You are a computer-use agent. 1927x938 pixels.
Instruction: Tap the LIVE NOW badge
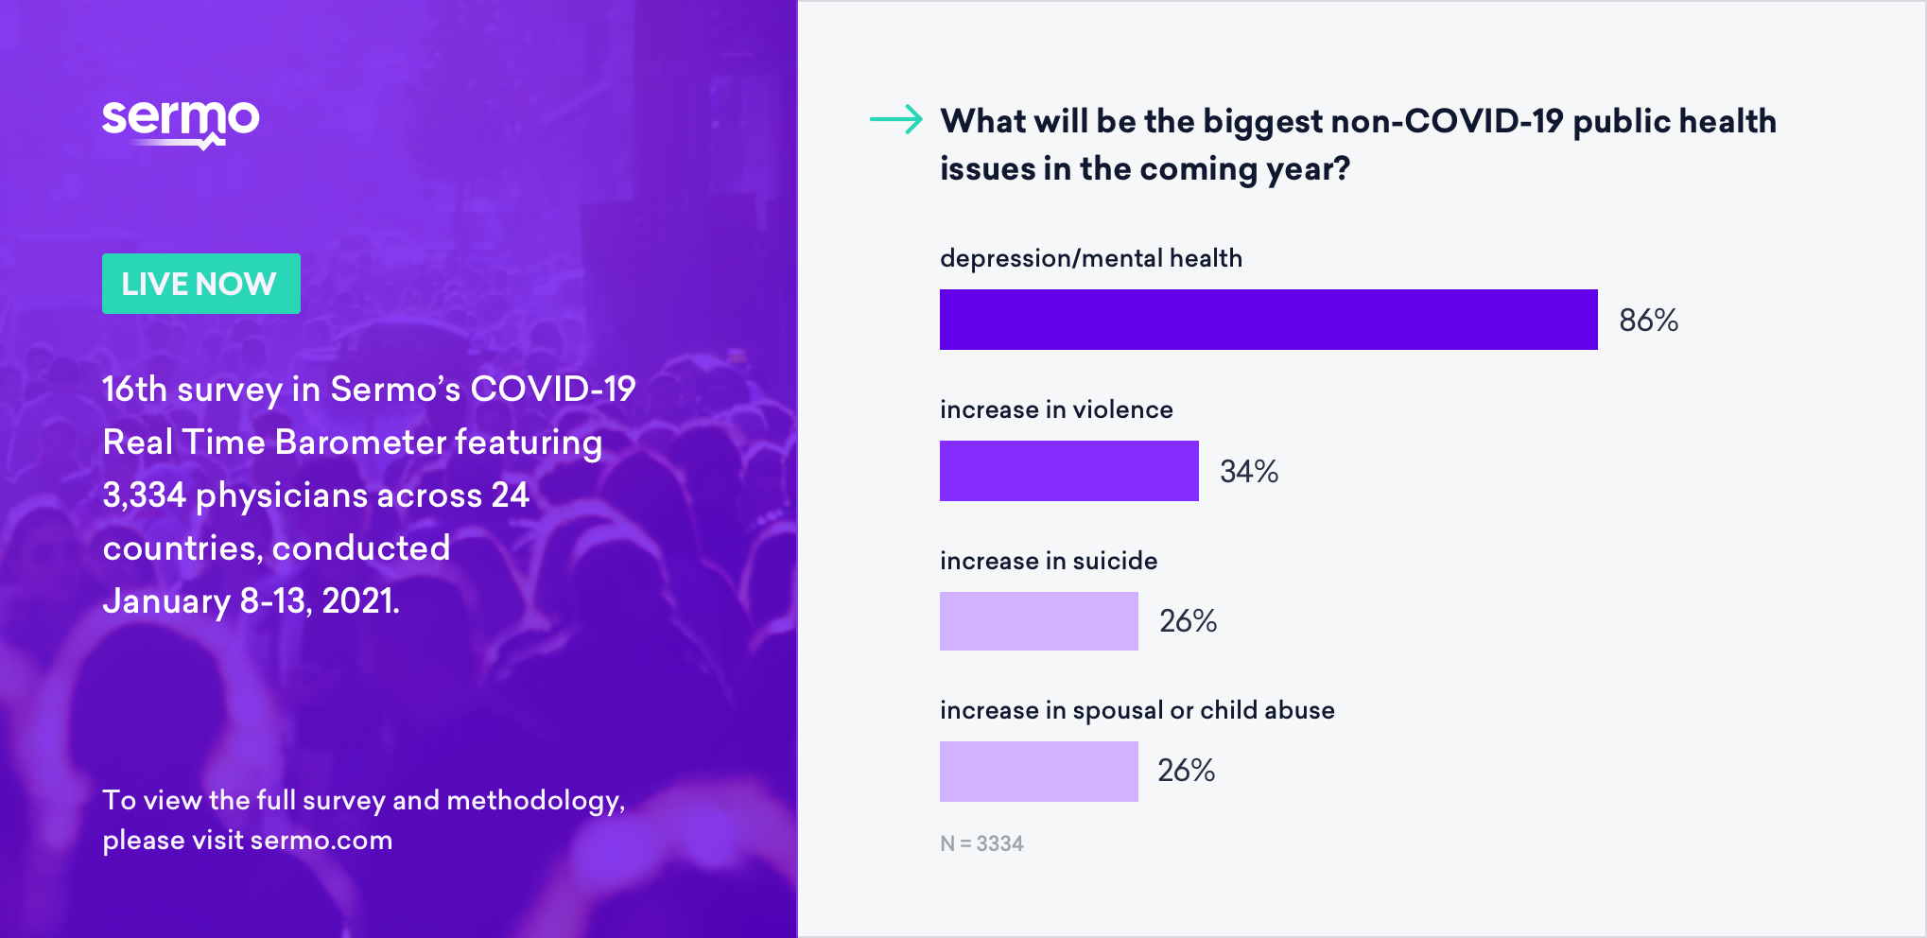pos(200,284)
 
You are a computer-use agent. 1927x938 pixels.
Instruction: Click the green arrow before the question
pos(895,119)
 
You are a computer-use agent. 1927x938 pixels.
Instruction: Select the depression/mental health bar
pos(1268,320)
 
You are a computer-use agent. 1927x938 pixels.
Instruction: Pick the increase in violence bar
pos(1068,471)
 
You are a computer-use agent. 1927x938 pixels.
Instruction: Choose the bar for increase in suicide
pos(1038,621)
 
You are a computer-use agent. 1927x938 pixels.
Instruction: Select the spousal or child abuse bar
pos(1038,772)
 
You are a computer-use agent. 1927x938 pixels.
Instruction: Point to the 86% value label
pos(1648,321)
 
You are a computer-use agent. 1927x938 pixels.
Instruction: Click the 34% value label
pos(1248,471)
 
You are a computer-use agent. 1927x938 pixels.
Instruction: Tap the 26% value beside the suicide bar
pos(1188,621)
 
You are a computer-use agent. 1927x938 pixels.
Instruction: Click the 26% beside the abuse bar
pos(1186,771)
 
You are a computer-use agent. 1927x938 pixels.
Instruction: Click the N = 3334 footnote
pos(981,843)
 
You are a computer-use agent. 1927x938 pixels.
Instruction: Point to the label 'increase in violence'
pos(1056,409)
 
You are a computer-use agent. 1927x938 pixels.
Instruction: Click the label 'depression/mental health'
pos(1090,258)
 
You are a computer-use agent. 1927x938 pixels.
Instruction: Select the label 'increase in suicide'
pos(1048,561)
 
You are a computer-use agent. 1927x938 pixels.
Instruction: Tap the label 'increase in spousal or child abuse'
pos(1137,710)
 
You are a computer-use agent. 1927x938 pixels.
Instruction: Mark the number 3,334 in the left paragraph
pos(144,495)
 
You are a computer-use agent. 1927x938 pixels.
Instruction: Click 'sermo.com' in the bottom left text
pos(321,840)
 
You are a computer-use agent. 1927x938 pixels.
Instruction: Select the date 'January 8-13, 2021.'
pos(251,601)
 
